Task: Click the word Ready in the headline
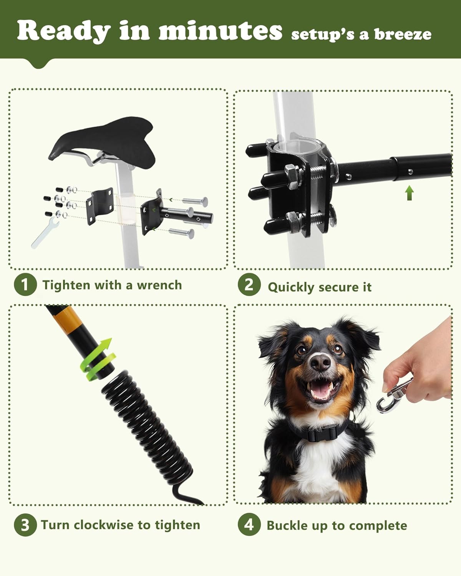pyautogui.click(x=63, y=31)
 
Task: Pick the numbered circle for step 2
pyautogui.click(x=249, y=285)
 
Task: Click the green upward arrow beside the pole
pyautogui.click(x=409, y=193)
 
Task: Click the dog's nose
pyautogui.click(x=320, y=362)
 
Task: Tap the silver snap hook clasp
pyautogui.click(x=392, y=396)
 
